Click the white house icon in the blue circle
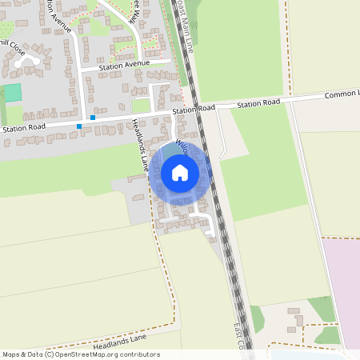point(180,172)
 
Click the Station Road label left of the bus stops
point(25,127)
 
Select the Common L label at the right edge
point(342,94)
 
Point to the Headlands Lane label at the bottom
point(120,342)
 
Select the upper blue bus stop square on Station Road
point(93,118)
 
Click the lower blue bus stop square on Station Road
point(78,126)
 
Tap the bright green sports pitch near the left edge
point(12,93)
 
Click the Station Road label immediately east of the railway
point(258,103)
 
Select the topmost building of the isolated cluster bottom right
point(293,310)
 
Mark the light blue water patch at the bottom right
point(312,354)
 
